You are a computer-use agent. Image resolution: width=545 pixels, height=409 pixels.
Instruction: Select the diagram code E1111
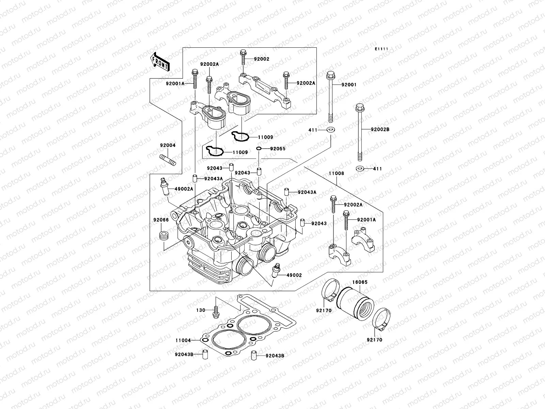(x=382, y=49)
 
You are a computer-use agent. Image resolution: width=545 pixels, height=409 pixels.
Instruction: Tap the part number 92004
(x=168, y=145)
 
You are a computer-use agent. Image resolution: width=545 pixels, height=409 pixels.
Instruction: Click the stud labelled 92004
(x=167, y=160)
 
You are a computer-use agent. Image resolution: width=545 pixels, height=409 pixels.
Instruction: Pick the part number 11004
(x=183, y=340)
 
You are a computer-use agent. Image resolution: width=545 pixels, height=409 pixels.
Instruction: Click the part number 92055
(x=278, y=149)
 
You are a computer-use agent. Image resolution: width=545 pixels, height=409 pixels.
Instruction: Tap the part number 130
(x=201, y=310)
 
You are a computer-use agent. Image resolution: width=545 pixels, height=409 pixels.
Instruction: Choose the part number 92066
(x=161, y=220)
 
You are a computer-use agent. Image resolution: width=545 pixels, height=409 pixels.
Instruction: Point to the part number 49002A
(x=184, y=189)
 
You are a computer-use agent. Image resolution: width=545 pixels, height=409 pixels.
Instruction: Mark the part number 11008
(x=336, y=173)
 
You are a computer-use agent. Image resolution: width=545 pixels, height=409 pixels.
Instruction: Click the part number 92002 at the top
(x=262, y=59)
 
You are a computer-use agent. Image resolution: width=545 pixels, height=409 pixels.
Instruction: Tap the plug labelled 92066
(x=163, y=236)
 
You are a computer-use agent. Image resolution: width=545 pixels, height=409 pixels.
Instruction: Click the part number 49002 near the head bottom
(x=294, y=275)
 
